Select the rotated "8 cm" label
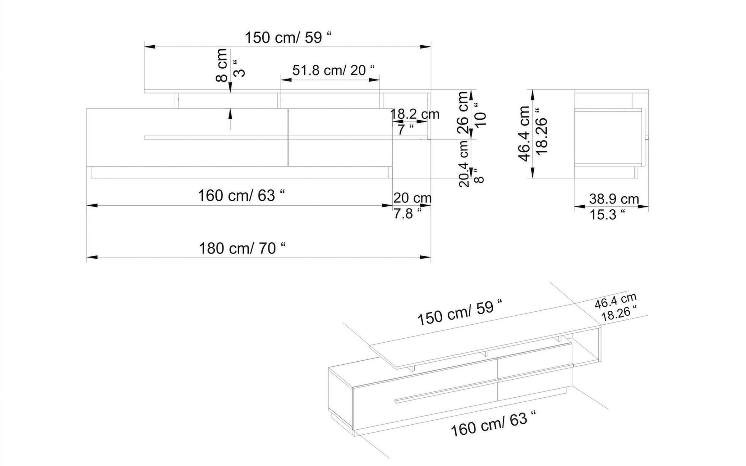click(x=222, y=65)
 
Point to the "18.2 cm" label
click(x=415, y=114)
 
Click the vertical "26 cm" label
click(x=463, y=112)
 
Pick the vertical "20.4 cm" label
click(x=464, y=164)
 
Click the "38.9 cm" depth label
click(x=614, y=199)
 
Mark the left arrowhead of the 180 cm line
click(x=92, y=257)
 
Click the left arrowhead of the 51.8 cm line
click(x=286, y=80)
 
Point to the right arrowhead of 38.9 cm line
click(x=643, y=206)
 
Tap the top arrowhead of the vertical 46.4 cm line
click(x=532, y=95)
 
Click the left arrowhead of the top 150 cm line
click(x=150, y=47)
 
